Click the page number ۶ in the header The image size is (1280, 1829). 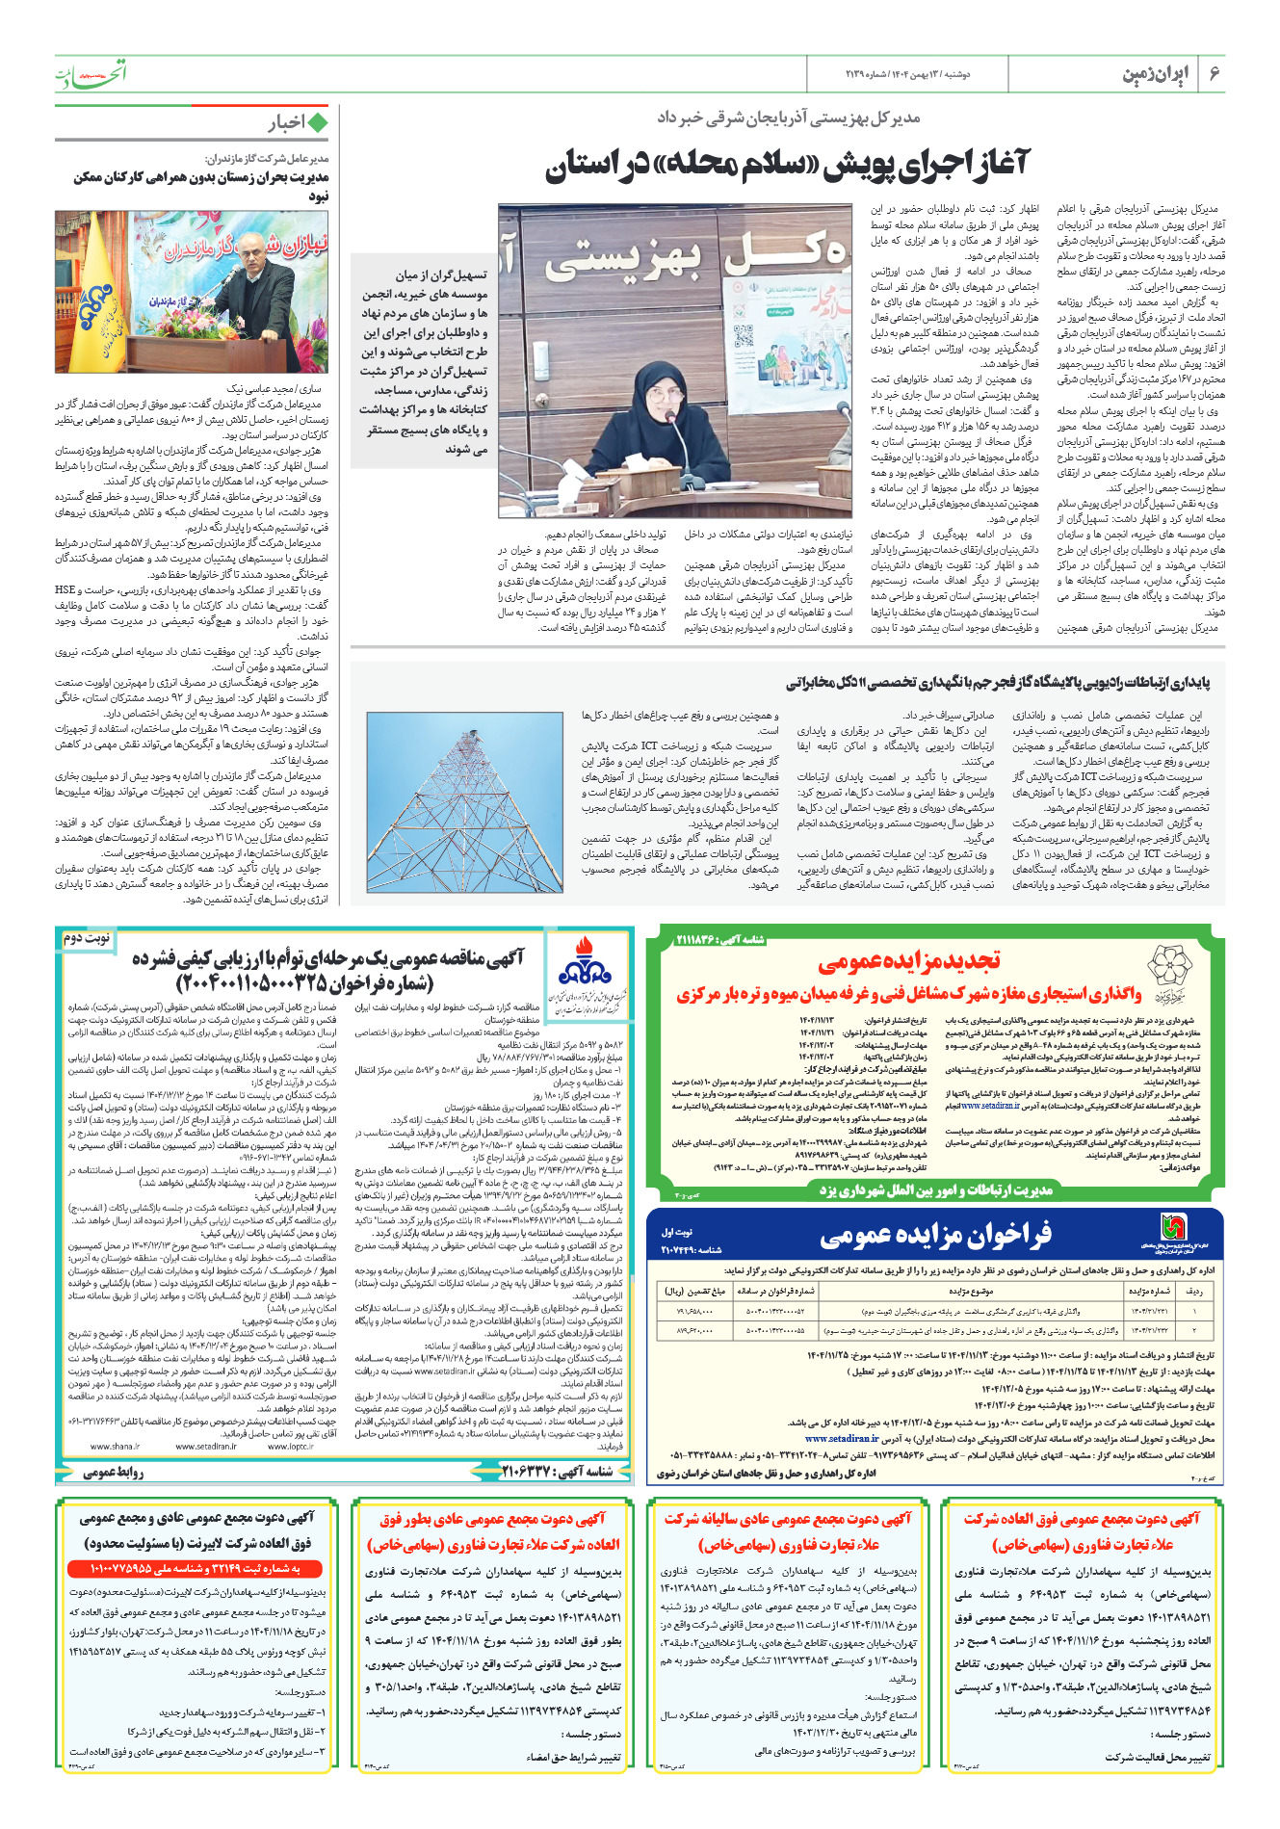1214,74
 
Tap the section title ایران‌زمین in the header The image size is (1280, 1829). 1156,74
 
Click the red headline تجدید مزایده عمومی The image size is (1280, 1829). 910,960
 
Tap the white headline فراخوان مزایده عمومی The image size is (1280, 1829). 935,1235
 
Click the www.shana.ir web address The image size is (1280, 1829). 115,1446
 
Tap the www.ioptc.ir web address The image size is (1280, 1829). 292,1446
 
